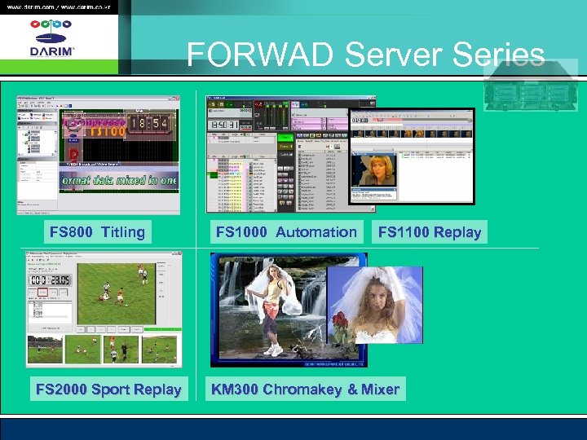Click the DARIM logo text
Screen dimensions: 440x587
pyautogui.click(x=51, y=51)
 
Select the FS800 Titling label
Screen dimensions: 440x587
pyautogui.click(x=97, y=232)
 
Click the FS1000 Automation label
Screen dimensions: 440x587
pyautogui.click(x=286, y=232)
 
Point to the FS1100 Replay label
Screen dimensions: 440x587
pyautogui.click(x=430, y=232)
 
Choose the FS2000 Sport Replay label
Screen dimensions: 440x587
pyautogui.click(x=108, y=389)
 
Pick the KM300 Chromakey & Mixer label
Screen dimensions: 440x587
pyautogui.click(x=305, y=389)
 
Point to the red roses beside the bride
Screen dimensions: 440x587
pyautogui.click(x=341, y=326)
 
